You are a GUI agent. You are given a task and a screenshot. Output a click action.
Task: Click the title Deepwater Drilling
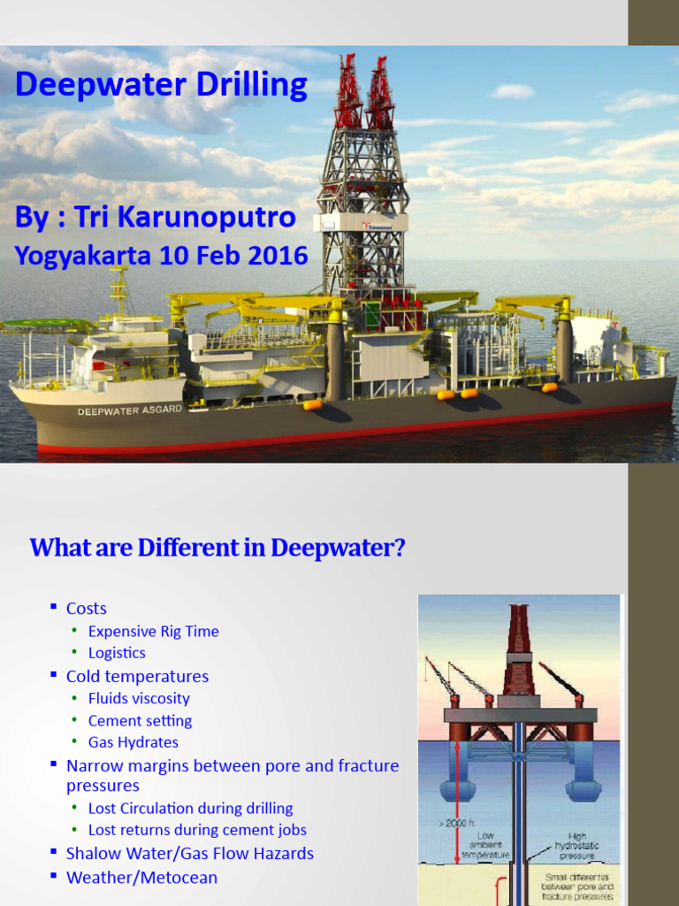pos(161,86)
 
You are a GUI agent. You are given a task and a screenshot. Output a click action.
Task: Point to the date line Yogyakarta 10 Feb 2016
pos(161,256)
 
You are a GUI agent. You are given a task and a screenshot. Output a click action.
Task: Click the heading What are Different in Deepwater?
pos(217,548)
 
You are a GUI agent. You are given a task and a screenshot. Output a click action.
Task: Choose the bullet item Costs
pos(86,609)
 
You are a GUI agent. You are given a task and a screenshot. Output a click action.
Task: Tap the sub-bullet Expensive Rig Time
pos(153,632)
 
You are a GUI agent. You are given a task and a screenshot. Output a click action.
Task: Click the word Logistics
pos(117,653)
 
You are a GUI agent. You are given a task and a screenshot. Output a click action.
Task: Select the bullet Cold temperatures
pos(137,677)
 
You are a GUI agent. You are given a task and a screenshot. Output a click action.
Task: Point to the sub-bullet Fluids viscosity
pos(139,699)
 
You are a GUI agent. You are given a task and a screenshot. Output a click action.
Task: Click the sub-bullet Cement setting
pos(140,721)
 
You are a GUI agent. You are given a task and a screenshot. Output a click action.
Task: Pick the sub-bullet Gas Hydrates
pos(133,743)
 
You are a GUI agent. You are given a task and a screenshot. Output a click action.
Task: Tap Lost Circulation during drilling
pos(190,809)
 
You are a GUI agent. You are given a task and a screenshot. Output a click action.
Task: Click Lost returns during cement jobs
pos(197,830)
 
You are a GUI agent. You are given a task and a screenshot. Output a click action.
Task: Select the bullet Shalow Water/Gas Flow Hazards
pos(189,854)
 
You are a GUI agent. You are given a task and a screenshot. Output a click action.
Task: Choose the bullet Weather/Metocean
pos(141,878)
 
